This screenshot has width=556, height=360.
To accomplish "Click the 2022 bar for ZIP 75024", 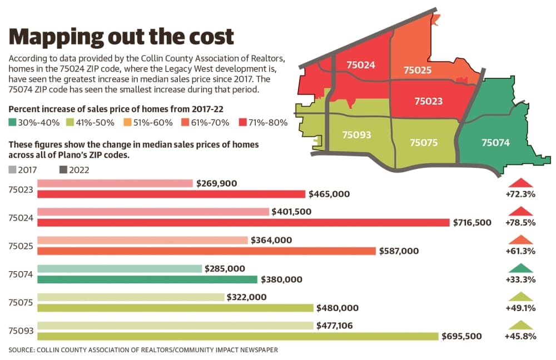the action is point(244,223).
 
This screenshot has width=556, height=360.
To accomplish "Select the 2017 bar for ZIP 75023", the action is point(115,183).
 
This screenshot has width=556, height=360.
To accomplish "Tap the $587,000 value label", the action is point(399,251).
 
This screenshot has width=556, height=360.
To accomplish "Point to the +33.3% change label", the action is point(520,279).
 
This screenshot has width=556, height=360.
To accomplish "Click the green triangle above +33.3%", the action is point(520,268).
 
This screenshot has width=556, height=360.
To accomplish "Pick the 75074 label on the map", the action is point(495,142).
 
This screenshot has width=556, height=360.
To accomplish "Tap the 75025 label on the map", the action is point(418,70).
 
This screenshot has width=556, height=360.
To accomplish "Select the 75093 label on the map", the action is point(356,135).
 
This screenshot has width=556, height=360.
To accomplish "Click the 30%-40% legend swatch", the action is point(12,123).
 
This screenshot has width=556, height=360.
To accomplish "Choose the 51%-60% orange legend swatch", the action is point(127,123).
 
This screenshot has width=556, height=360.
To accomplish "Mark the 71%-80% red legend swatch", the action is point(242,123).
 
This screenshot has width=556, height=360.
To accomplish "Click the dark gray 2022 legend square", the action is point(63,170).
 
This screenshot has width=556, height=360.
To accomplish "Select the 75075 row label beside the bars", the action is point(21,303).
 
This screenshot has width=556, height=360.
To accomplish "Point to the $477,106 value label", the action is point(334,325).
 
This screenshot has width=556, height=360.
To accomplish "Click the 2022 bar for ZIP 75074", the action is point(147,279).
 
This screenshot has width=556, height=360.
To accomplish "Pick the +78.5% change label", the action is point(520,223).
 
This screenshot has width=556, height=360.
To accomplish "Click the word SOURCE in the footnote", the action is point(21,350).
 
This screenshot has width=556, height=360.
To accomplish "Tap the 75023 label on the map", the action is point(428,101).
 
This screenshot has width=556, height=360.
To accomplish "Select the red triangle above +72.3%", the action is point(520,182).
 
